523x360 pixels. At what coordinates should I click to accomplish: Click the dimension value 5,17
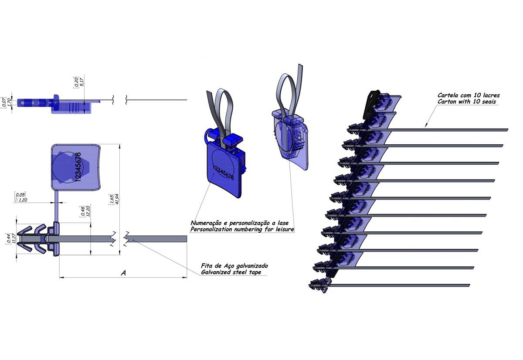point(82,82)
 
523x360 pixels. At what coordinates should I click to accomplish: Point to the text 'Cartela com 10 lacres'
point(469,95)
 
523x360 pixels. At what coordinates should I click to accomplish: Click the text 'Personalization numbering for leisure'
point(242,229)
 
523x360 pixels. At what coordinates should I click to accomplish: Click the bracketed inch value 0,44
point(9,239)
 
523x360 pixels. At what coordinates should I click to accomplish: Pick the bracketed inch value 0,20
point(76,82)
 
